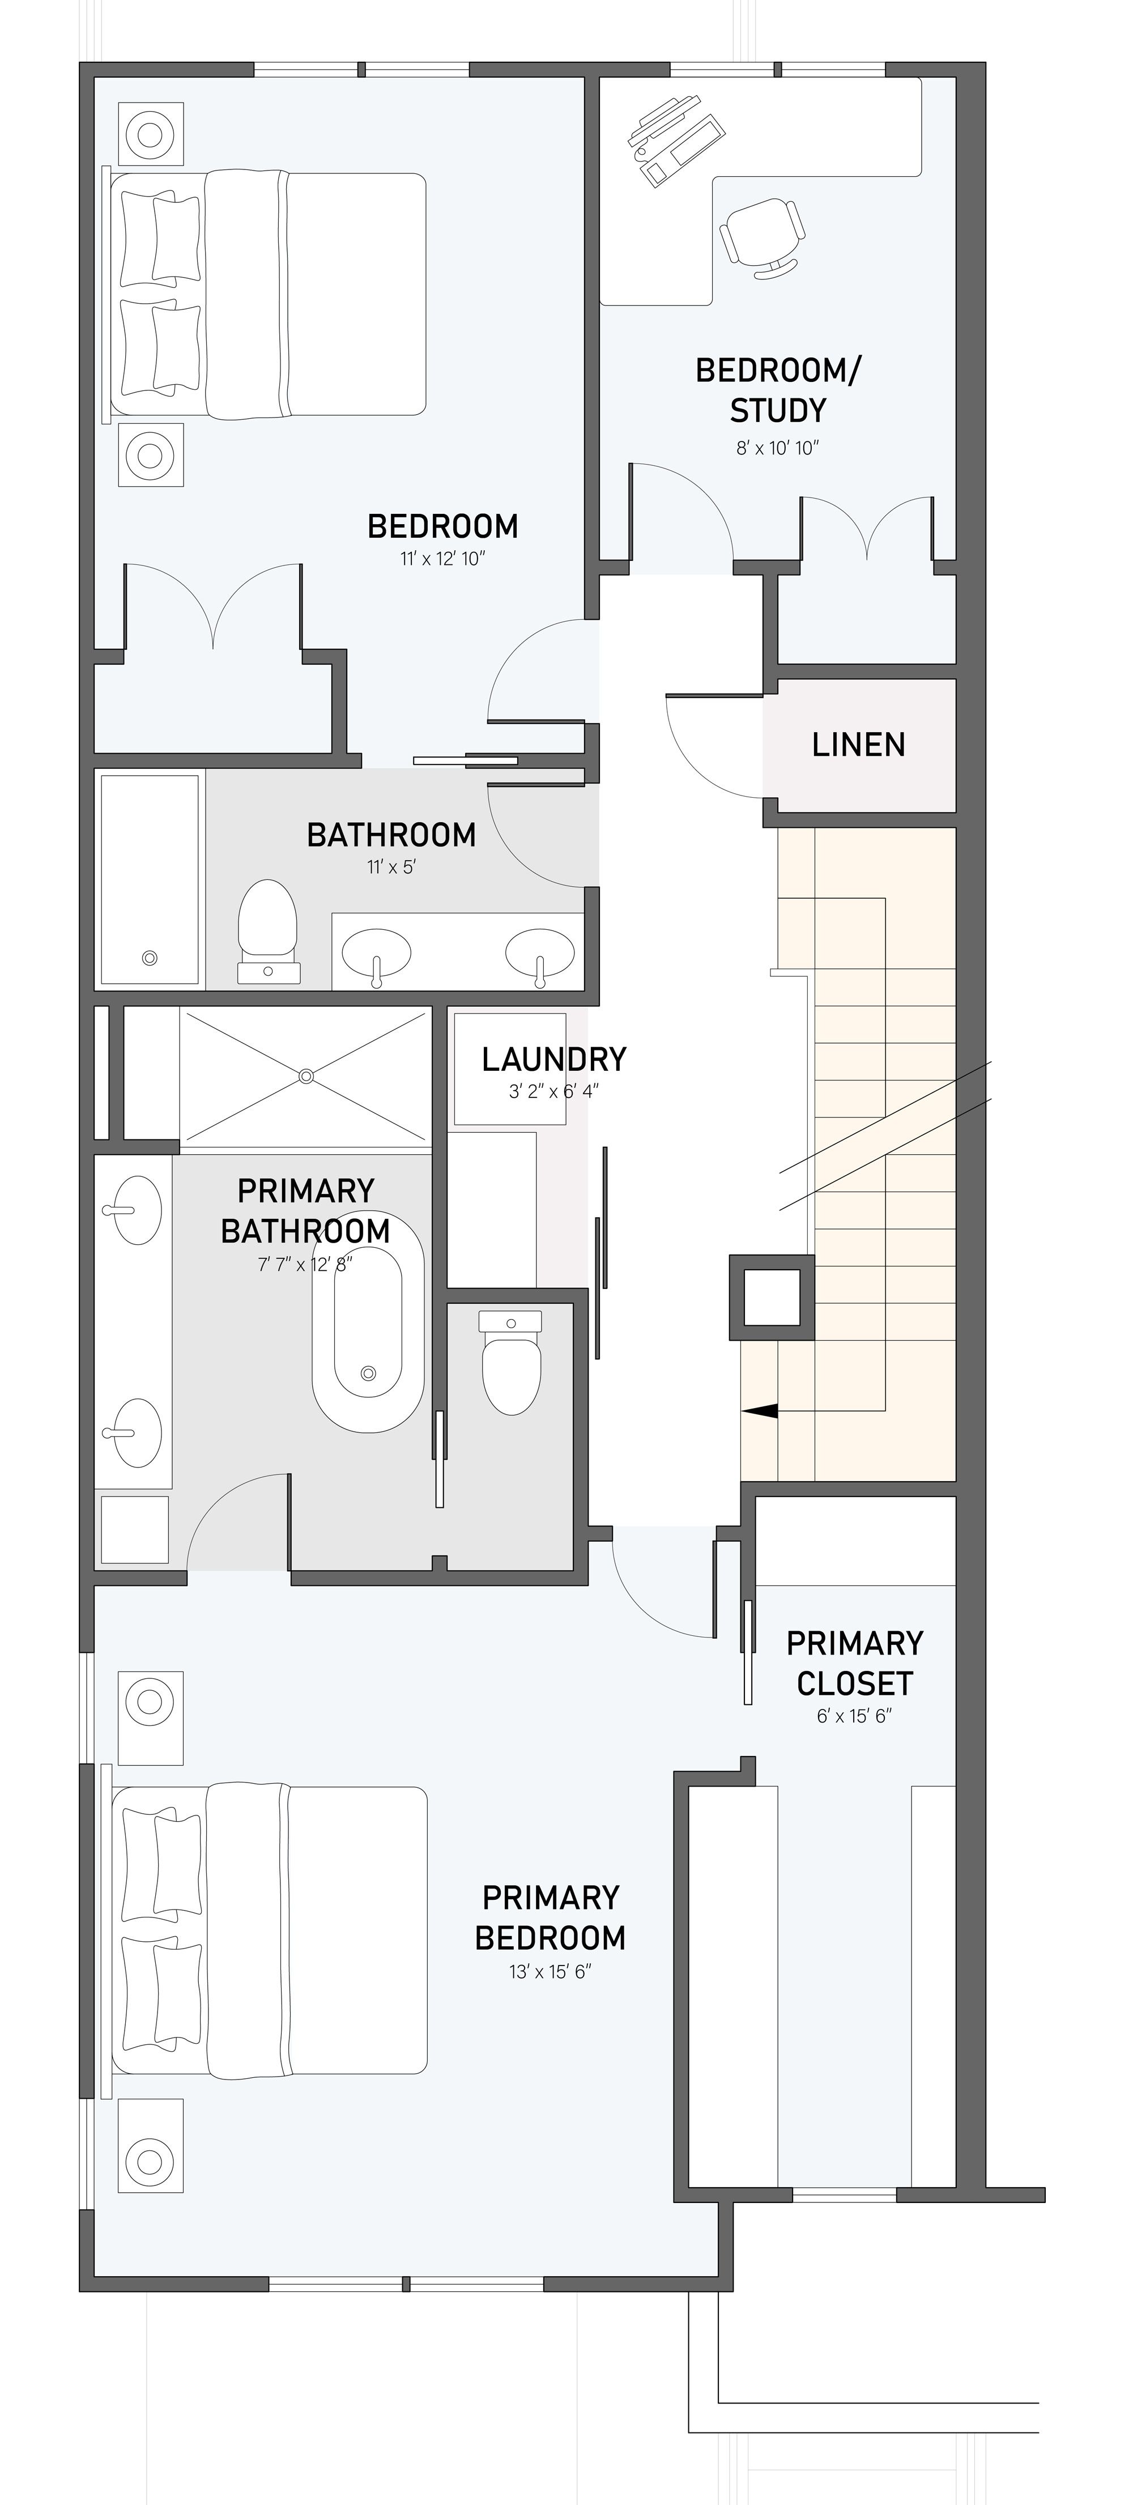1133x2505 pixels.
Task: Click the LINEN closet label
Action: [858, 745]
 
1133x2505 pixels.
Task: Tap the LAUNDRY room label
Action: [553, 1059]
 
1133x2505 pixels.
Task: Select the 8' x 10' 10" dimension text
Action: [777, 448]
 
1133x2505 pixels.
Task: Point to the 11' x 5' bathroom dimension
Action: [391, 866]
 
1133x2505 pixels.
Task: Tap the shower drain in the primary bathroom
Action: [306, 1075]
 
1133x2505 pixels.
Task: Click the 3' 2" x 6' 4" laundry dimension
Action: [553, 1091]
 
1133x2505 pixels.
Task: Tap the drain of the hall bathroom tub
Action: [150, 958]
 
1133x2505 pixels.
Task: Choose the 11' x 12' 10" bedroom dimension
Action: [442, 559]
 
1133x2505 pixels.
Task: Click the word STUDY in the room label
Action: [778, 410]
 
